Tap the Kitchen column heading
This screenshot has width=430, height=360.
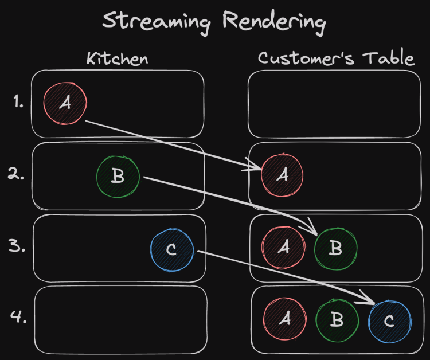pos(118,58)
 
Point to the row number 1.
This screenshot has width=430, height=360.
pos(18,103)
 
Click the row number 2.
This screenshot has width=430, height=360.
pos(17,174)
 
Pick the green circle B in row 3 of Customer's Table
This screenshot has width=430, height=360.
pos(336,248)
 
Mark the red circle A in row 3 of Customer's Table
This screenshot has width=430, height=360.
pos(283,248)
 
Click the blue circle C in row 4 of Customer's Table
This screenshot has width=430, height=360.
pos(389,320)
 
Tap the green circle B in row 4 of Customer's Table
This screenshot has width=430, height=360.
pos(337,320)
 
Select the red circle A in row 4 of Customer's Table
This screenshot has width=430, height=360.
pos(284,319)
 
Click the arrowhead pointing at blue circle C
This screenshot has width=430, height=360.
pos(370,299)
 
